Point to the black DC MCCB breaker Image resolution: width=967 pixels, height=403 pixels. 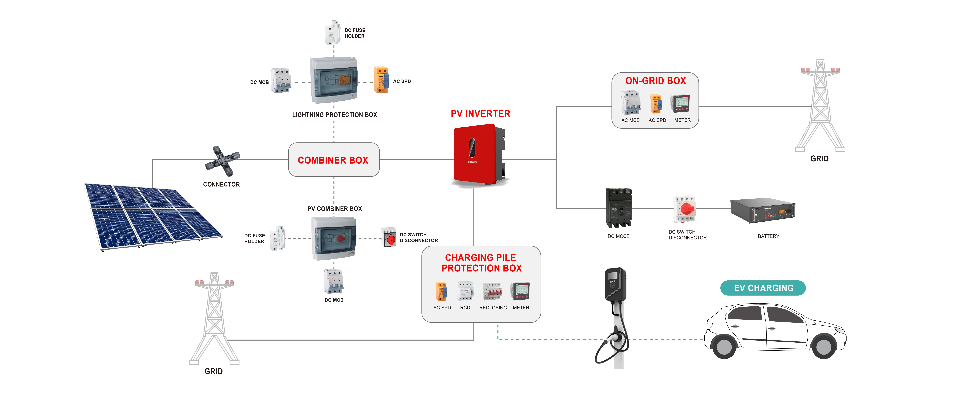tap(619, 208)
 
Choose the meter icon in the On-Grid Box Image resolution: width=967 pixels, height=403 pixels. tap(681, 104)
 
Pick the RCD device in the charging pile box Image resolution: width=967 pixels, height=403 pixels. tap(465, 291)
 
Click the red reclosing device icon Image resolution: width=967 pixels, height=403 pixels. tap(493, 291)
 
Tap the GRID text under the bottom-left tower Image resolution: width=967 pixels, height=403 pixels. tap(214, 371)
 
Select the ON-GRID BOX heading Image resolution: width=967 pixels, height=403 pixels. tap(655, 81)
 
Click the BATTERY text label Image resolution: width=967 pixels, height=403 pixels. tap(768, 236)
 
